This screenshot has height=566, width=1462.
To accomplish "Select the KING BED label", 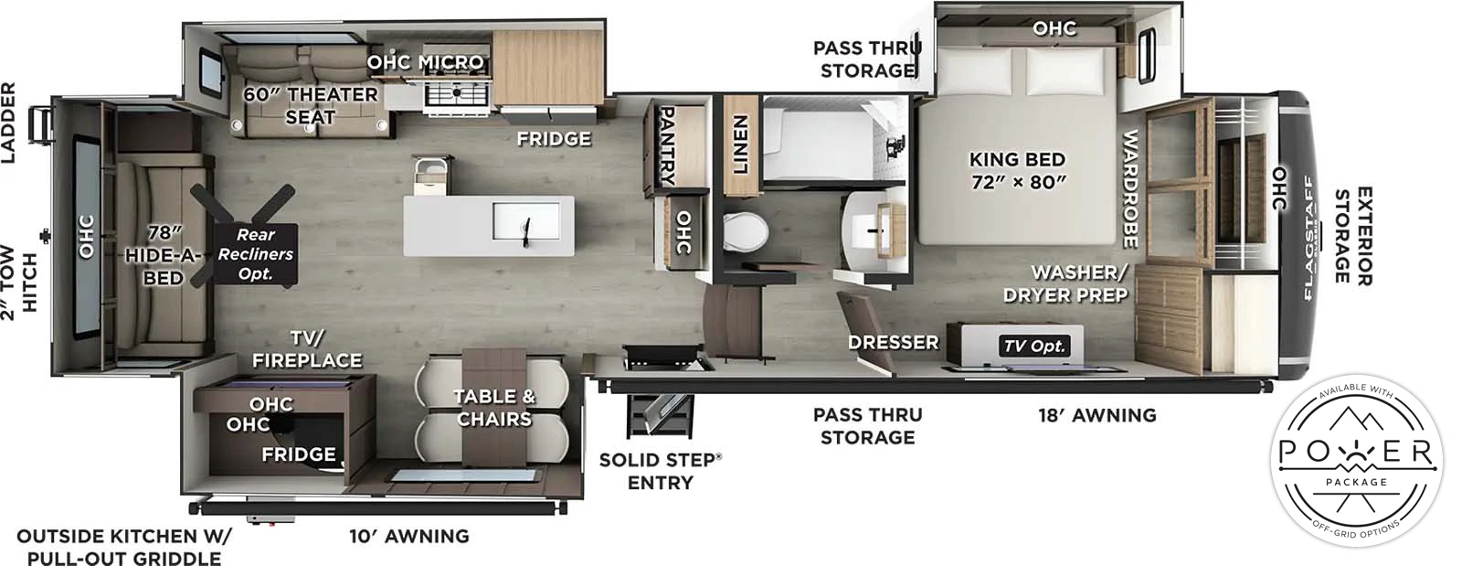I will tap(1017, 170).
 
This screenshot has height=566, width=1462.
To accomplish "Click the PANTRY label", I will tap(666, 146).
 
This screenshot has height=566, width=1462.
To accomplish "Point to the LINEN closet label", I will tap(741, 144).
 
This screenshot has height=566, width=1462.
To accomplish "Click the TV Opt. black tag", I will tap(1034, 346).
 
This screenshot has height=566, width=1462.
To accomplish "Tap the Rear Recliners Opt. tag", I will tap(255, 253).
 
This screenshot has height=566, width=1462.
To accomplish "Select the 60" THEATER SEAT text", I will tap(310, 105).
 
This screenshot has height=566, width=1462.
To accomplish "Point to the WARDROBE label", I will tap(1129, 188).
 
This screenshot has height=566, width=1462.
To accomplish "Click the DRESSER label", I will tap(893, 342).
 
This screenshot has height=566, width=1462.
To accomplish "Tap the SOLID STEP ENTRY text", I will tap(660, 470).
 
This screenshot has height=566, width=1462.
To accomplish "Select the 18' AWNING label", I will tap(1096, 415).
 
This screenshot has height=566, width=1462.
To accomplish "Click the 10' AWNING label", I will tap(408, 536).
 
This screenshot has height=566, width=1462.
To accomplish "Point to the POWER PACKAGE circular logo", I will tap(1356, 461).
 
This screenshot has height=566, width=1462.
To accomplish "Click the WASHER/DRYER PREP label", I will tap(1065, 283).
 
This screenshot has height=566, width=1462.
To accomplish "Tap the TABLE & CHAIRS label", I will tap(493, 407).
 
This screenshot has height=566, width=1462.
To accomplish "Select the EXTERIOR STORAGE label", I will tap(1353, 236).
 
